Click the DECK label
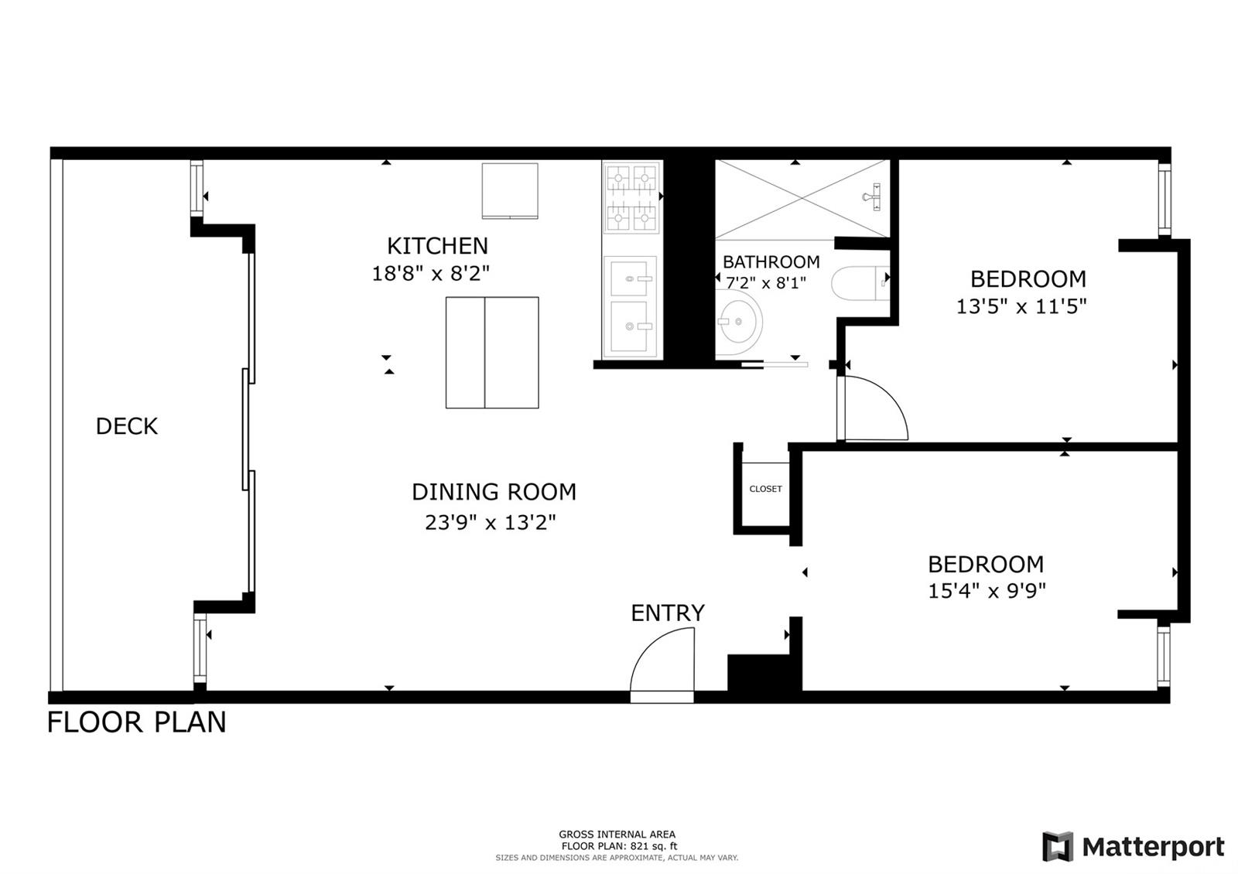click(x=127, y=426)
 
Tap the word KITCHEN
click(x=437, y=246)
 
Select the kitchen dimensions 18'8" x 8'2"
click(x=430, y=274)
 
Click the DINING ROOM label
click(x=494, y=492)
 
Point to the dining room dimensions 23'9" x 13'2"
click(x=491, y=522)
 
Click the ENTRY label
click(x=668, y=613)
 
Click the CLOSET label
click(x=765, y=489)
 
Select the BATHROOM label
click(x=771, y=262)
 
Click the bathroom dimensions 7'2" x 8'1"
click(x=766, y=283)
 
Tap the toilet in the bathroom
click(x=860, y=284)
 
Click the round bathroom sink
click(x=738, y=321)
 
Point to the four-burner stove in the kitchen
click(x=631, y=198)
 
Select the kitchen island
click(x=492, y=353)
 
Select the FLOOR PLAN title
click(x=136, y=722)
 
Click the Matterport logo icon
click(x=1057, y=846)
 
